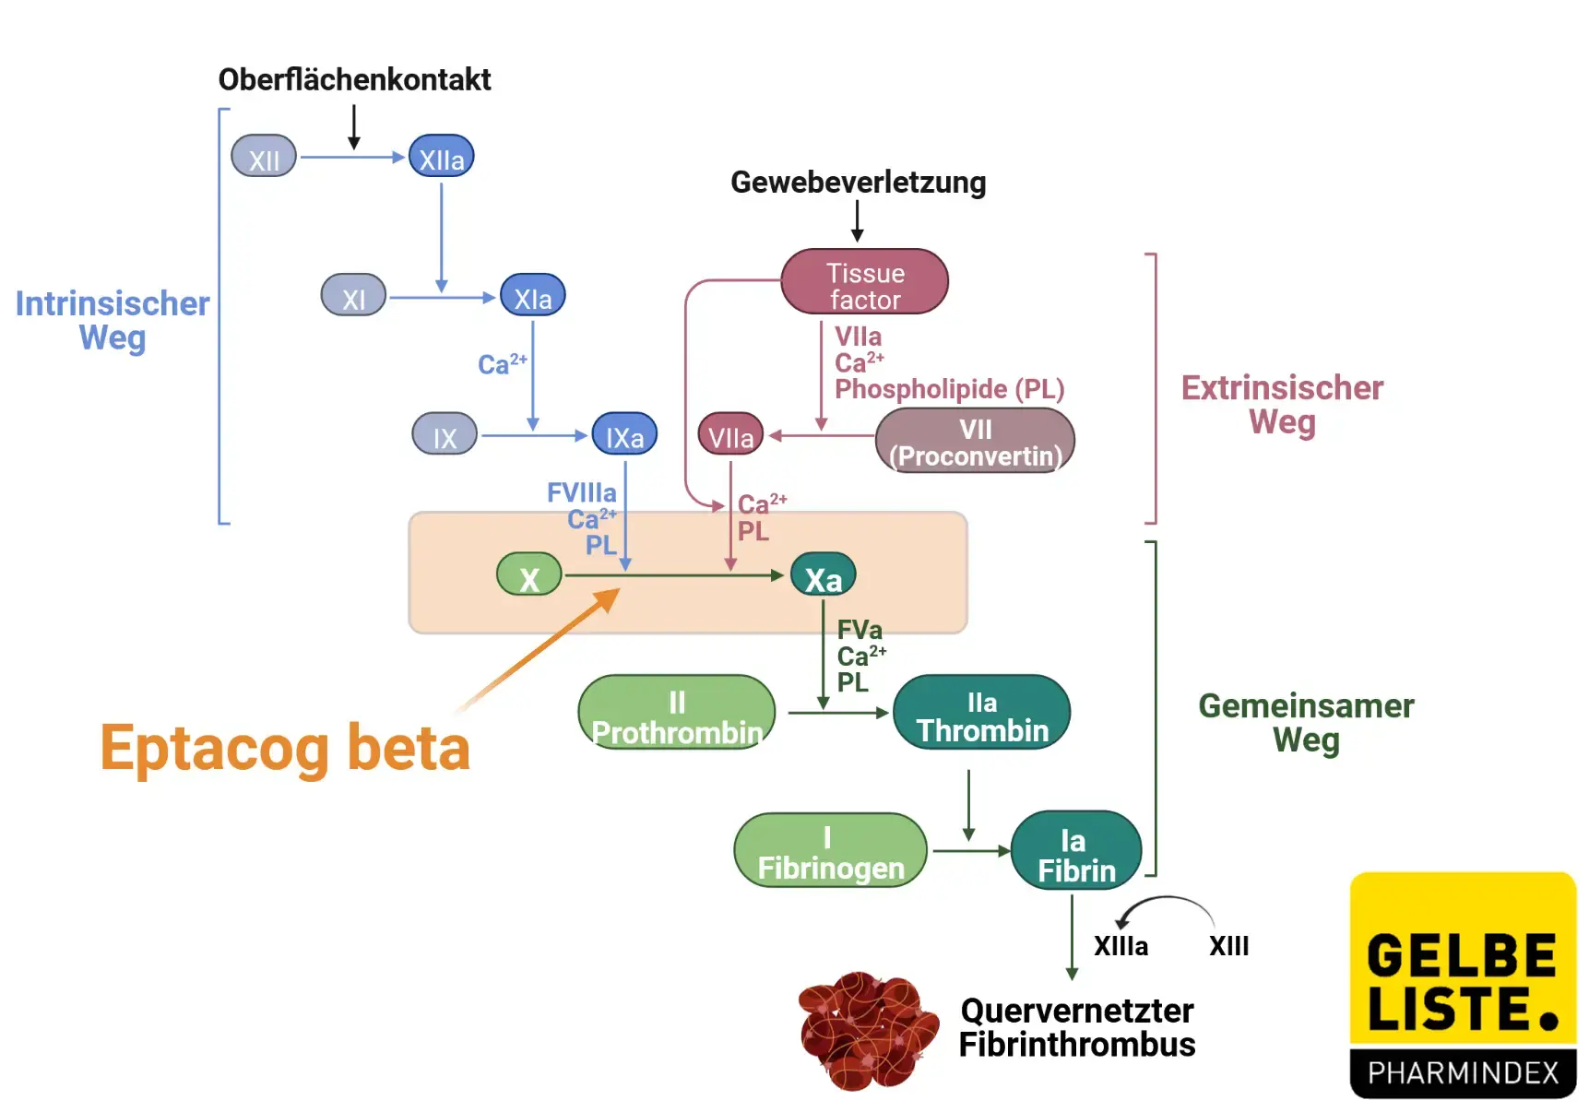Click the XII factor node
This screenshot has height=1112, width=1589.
264,157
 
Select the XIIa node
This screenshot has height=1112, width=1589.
442,157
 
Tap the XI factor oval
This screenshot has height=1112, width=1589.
353,296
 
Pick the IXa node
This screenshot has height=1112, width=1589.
624,435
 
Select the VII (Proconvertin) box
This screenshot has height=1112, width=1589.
975,442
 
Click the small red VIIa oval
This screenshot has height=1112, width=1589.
730,435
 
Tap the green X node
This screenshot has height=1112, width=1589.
528,575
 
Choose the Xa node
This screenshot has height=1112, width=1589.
823,576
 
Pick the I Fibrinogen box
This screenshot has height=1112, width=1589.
830,851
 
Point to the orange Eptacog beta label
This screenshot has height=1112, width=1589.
285,747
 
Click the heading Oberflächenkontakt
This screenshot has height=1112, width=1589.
354,79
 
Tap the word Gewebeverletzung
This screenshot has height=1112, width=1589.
858,182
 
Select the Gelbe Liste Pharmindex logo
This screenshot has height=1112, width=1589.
1463,985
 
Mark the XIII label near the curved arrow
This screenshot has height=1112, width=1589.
1228,946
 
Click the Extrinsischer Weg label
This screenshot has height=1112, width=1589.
1282,404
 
